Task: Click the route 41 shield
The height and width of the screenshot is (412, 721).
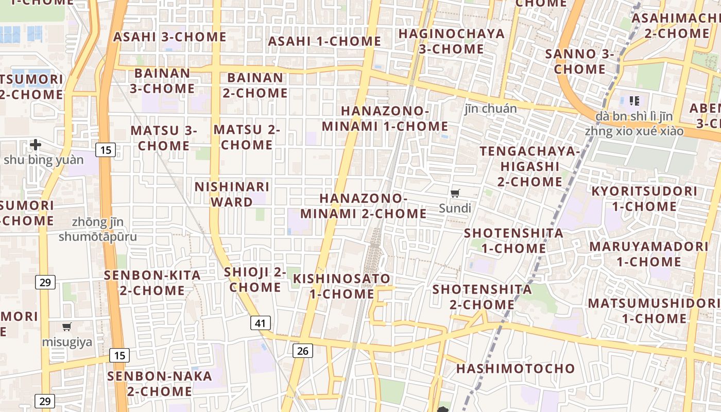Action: (261, 323)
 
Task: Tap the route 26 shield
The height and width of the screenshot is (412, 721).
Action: (302, 351)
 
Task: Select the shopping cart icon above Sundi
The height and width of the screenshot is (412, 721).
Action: (455, 193)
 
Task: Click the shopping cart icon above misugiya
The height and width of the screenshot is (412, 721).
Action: (66, 327)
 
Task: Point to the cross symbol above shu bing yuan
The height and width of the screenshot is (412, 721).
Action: (35, 145)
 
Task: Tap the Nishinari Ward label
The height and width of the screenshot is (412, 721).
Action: (232, 194)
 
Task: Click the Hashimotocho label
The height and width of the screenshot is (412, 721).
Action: (515, 368)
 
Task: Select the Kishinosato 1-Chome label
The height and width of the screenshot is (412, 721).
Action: (342, 286)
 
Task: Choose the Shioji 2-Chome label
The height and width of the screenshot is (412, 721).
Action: (255, 279)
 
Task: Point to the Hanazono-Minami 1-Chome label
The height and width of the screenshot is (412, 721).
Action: (385, 118)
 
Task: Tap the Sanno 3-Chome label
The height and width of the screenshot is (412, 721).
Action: (580, 61)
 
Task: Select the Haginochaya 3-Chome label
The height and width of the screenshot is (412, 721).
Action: (451, 41)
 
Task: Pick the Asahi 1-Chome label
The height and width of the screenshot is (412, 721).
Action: (324, 41)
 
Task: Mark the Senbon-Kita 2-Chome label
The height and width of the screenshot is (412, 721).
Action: (152, 282)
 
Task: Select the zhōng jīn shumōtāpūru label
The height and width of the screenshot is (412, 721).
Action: (98, 229)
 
